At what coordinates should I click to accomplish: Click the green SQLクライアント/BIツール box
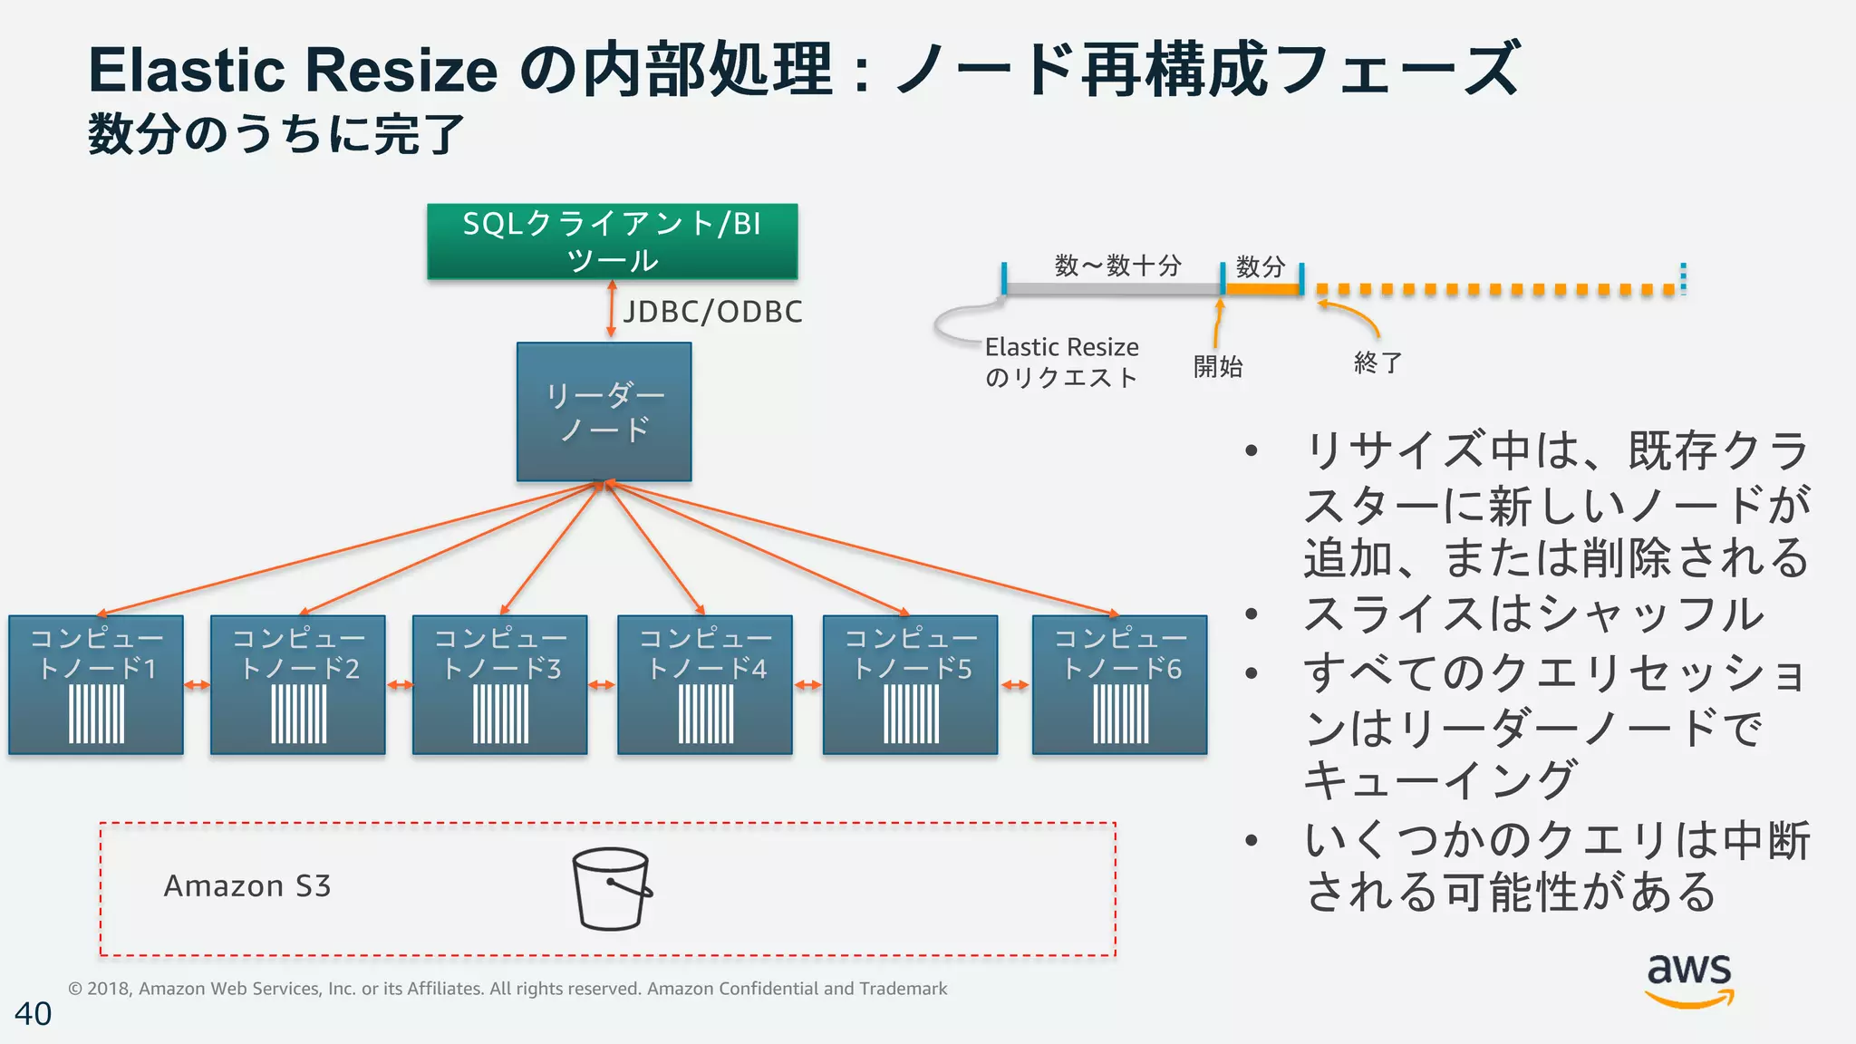[x=612, y=241]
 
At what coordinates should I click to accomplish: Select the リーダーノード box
[x=604, y=411]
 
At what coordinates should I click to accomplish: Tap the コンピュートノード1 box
[x=96, y=684]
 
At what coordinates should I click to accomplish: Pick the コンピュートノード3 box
[x=499, y=684]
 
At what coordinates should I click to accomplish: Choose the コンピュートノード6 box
[x=1119, y=684]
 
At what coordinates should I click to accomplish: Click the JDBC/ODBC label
[x=712, y=312]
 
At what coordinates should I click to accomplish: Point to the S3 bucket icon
[x=612, y=888]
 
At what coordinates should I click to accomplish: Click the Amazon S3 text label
[x=247, y=885]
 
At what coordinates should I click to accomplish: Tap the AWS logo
[x=1689, y=979]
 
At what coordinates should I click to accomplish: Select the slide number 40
[x=34, y=1013]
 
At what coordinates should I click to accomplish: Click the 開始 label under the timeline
[x=1218, y=366]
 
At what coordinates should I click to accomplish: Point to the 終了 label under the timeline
[x=1377, y=362]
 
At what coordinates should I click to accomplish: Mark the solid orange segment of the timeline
[x=1262, y=289]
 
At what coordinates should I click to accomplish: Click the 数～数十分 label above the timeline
[x=1117, y=266]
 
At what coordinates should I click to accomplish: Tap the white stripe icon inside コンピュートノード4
[x=706, y=714]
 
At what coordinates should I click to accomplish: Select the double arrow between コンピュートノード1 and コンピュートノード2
[x=197, y=685]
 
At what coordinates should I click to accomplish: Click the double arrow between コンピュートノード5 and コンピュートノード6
[x=1015, y=685]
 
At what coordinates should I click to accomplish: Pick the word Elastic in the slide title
[x=187, y=71]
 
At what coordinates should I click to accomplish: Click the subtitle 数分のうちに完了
[x=276, y=135]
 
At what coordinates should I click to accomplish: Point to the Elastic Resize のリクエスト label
[x=1061, y=362]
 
